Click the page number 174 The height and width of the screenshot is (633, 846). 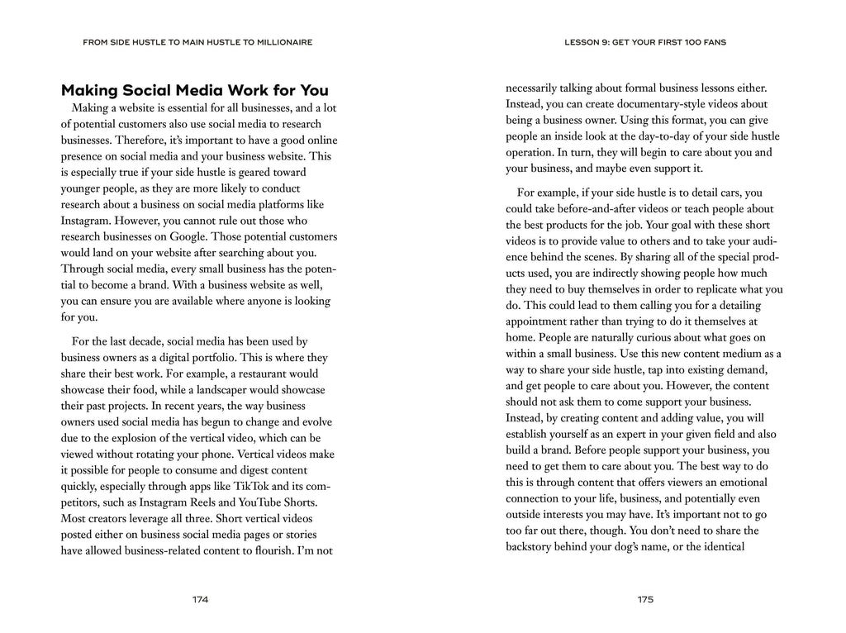200,599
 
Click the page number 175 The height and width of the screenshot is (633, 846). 645,599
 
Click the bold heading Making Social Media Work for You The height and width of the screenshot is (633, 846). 195,90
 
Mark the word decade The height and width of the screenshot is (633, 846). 153,342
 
